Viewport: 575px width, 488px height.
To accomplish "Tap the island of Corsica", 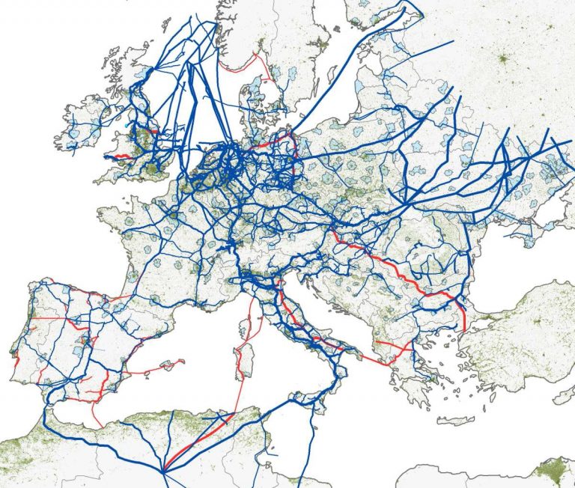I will pyautogui.click(x=243, y=314).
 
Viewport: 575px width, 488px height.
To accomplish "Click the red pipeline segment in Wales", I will pyautogui.click(x=120, y=157).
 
